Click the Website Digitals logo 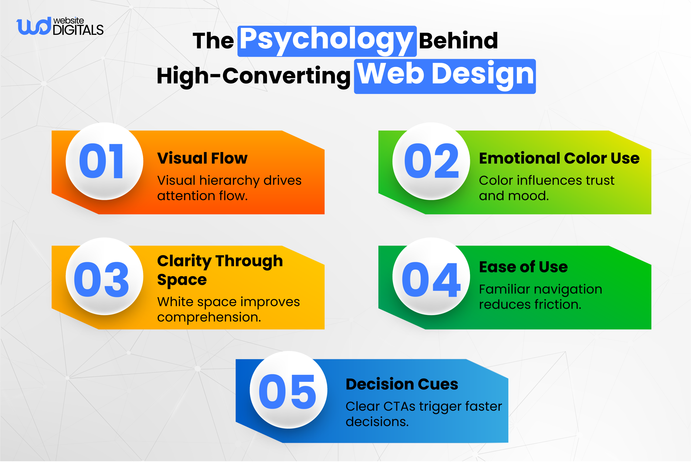(x=60, y=26)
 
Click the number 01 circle (x=104, y=161)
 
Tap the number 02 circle (x=431, y=161)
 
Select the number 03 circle (x=104, y=276)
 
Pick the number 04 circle (x=431, y=276)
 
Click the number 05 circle (x=288, y=390)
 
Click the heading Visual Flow (x=202, y=158)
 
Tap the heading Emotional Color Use (x=559, y=158)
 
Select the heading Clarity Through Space (x=220, y=270)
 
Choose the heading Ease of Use (x=523, y=267)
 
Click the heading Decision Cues (x=402, y=384)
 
